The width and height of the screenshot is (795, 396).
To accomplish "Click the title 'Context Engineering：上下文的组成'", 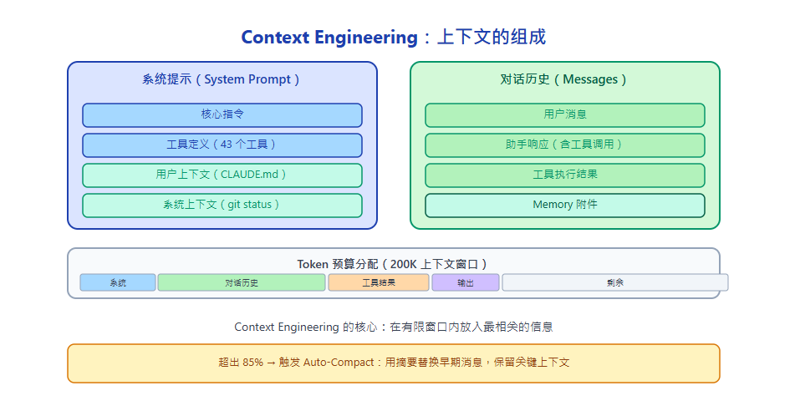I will click(393, 38).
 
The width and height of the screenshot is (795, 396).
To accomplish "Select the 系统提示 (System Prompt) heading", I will click(222, 79).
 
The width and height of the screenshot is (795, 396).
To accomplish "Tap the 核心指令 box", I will click(222, 114).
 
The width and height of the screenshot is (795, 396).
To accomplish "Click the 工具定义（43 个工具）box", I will click(222, 145).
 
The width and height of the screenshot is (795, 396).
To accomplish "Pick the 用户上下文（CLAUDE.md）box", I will click(222, 175).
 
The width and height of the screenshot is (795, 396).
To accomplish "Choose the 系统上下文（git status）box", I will click(222, 205).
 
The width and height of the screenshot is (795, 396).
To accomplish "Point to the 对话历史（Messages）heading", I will click(564, 79).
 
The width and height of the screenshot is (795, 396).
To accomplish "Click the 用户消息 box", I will click(564, 114).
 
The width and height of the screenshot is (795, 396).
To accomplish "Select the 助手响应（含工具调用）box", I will click(564, 145).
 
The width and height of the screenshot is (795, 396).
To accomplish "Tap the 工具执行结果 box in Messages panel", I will click(564, 175).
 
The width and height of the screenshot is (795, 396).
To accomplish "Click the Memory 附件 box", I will click(564, 205).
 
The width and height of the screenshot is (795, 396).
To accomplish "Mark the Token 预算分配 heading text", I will click(393, 263).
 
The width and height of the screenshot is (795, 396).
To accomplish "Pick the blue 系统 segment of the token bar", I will click(118, 282).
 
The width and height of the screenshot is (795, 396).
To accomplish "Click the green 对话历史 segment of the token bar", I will click(242, 282).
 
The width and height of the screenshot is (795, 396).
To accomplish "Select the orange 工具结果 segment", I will click(379, 282).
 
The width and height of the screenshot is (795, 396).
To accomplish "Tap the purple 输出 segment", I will click(466, 282).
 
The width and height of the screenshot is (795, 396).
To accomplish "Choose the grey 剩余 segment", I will click(615, 282).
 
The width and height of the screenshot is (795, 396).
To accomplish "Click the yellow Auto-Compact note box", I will click(393, 363).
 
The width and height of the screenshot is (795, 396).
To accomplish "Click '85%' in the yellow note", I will click(253, 363).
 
